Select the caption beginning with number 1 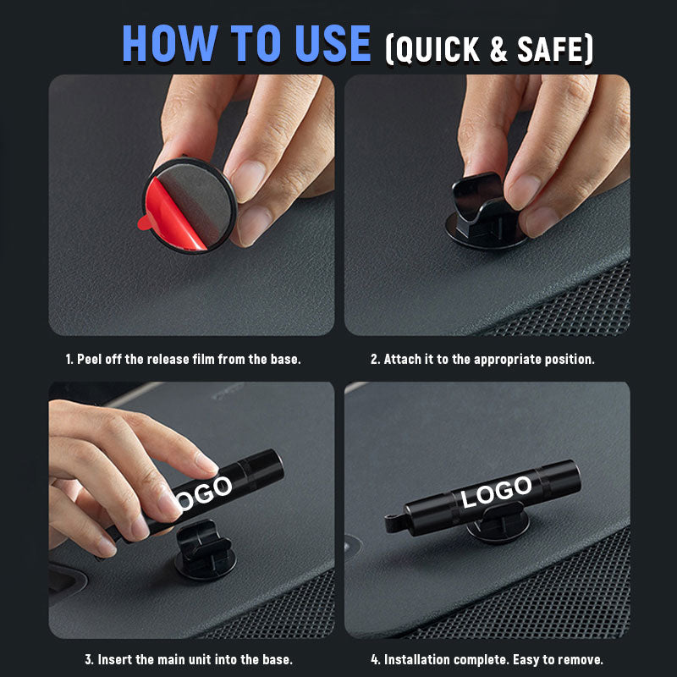[x=183, y=359]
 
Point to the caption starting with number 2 [x=482, y=359]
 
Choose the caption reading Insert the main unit [x=189, y=659]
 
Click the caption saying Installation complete [x=487, y=659]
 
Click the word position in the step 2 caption [x=570, y=359]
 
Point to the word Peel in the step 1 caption [x=91, y=359]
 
